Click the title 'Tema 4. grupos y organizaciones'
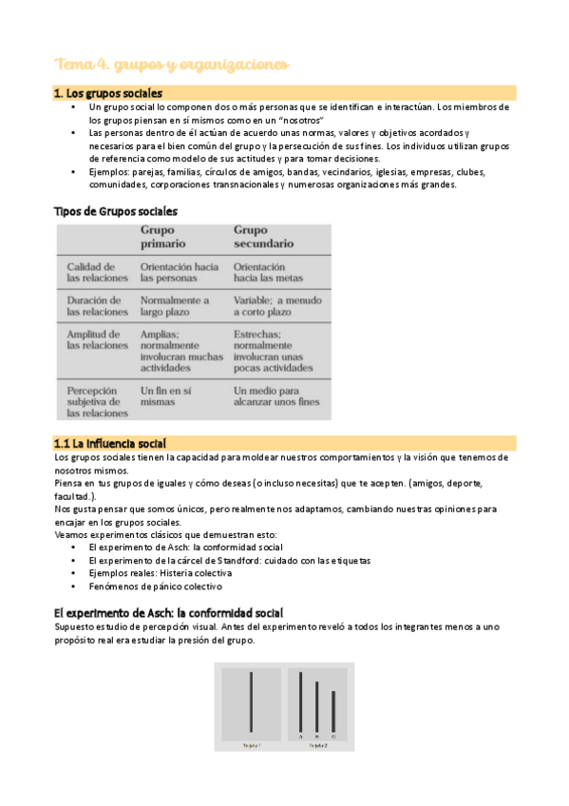[x=171, y=65]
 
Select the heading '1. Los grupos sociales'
[x=107, y=93]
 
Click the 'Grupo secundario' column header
[x=263, y=237]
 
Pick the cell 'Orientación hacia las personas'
[x=180, y=273]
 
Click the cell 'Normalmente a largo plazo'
[x=175, y=305]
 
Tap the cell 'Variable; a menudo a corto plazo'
[x=277, y=305]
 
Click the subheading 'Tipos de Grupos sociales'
[x=115, y=211]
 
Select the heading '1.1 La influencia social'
[x=110, y=443]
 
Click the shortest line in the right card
[x=333, y=712]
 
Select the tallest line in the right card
[x=301, y=702]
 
